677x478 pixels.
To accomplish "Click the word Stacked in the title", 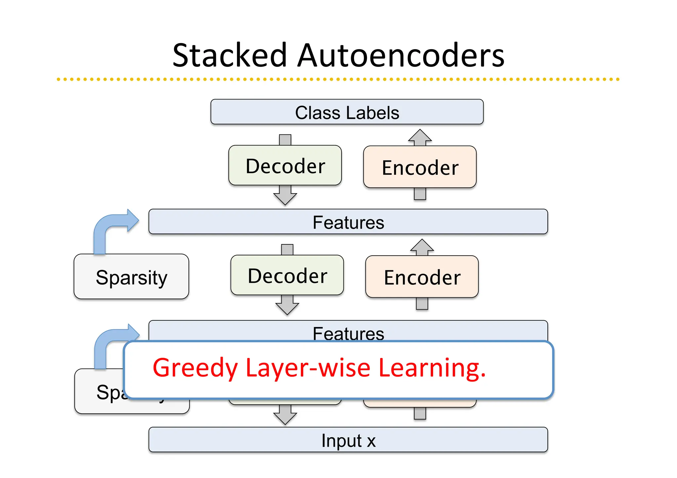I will click(229, 55).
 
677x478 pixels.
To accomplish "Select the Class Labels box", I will click(347, 112).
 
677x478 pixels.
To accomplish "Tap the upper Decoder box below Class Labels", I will click(285, 165).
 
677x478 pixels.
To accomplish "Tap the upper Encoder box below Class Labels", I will click(420, 167).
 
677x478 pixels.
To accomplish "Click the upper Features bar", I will click(348, 222).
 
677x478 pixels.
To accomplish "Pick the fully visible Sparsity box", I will click(131, 277).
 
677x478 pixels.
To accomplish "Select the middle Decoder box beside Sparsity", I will click(287, 275).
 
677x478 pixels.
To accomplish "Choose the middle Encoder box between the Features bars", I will click(422, 277).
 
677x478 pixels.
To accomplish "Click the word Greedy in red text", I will click(195, 368).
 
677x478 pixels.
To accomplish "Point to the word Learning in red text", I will click(431, 368).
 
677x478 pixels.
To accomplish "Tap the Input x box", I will click(348, 440).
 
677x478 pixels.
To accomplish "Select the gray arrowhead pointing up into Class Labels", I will click(420, 136).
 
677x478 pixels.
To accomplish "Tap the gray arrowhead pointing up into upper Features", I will click(422, 246).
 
